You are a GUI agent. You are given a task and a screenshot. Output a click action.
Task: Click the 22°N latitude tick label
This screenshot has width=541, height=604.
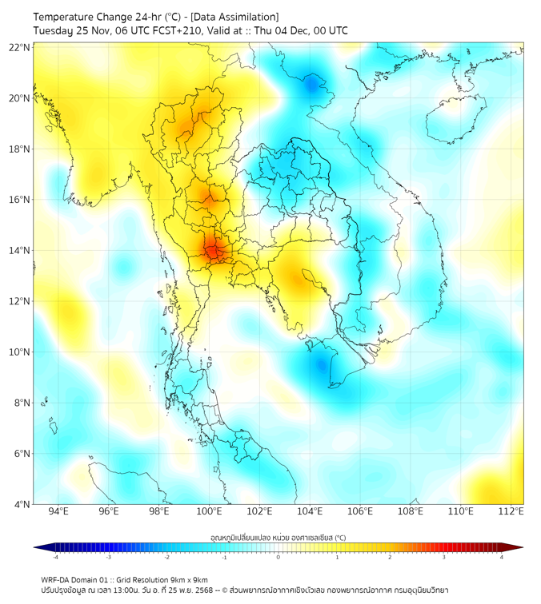tap(20, 47)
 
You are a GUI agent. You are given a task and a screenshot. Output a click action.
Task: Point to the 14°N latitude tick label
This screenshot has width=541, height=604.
tap(20, 250)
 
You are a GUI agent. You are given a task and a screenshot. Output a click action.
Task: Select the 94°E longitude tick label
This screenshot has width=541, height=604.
tap(58, 511)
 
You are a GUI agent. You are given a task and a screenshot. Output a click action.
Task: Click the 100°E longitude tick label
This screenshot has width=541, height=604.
tap(210, 511)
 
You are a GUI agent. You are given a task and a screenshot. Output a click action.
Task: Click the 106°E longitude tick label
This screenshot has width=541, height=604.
tap(360, 511)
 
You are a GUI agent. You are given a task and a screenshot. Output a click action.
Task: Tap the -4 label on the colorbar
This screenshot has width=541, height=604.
tap(55, 557)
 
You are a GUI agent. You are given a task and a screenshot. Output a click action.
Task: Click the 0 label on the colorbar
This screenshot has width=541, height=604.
tap(279, 557)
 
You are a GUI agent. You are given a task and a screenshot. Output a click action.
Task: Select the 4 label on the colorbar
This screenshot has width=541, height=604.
tap(501, 557)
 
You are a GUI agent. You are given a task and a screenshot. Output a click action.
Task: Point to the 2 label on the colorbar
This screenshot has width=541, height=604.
tap(390, 557)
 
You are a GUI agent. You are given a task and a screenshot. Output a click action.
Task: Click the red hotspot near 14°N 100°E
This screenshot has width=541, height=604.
tap(212, 251)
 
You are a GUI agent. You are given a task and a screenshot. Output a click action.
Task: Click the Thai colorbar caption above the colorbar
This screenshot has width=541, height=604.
tap(278, 537)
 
